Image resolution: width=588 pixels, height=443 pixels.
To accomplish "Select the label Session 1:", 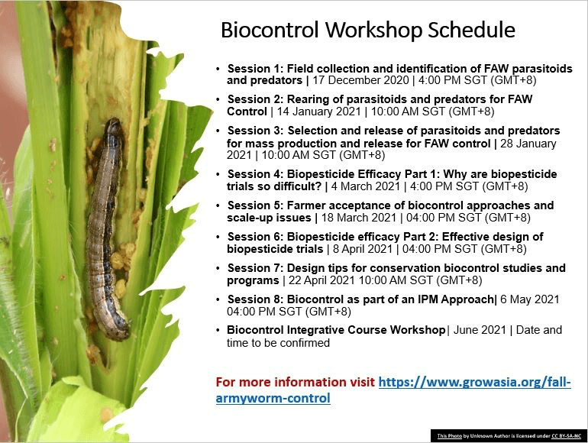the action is pyautogui.click(x=255, y=69).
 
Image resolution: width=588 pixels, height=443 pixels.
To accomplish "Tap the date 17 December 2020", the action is pyautogui.click(x=360, y=80).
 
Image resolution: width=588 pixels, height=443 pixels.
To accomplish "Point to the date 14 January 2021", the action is pyautogui.click(x=318, y=112).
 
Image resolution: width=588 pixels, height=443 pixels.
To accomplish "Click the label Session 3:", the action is pyautogui.click(x=255, y=131).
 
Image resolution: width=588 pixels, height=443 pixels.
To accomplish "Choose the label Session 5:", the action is pyautogui.click(x=255, y=205).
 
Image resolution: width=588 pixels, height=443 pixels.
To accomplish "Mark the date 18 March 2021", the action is pyautogui.click(x=358, y=218).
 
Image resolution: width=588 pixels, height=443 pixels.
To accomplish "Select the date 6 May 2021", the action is pyautogui.click(x=529, y=299).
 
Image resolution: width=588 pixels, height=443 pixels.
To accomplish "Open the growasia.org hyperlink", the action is pyautogui.click(x=393, y=390).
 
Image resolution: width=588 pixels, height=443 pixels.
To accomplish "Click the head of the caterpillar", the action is pyautogui.click(x=115, y=127).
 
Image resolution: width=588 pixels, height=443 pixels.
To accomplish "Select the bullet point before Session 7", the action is pyautogui.click(x=218, y=269).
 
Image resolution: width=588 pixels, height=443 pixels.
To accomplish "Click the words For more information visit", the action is pyautogui.click(x=295, y=382).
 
